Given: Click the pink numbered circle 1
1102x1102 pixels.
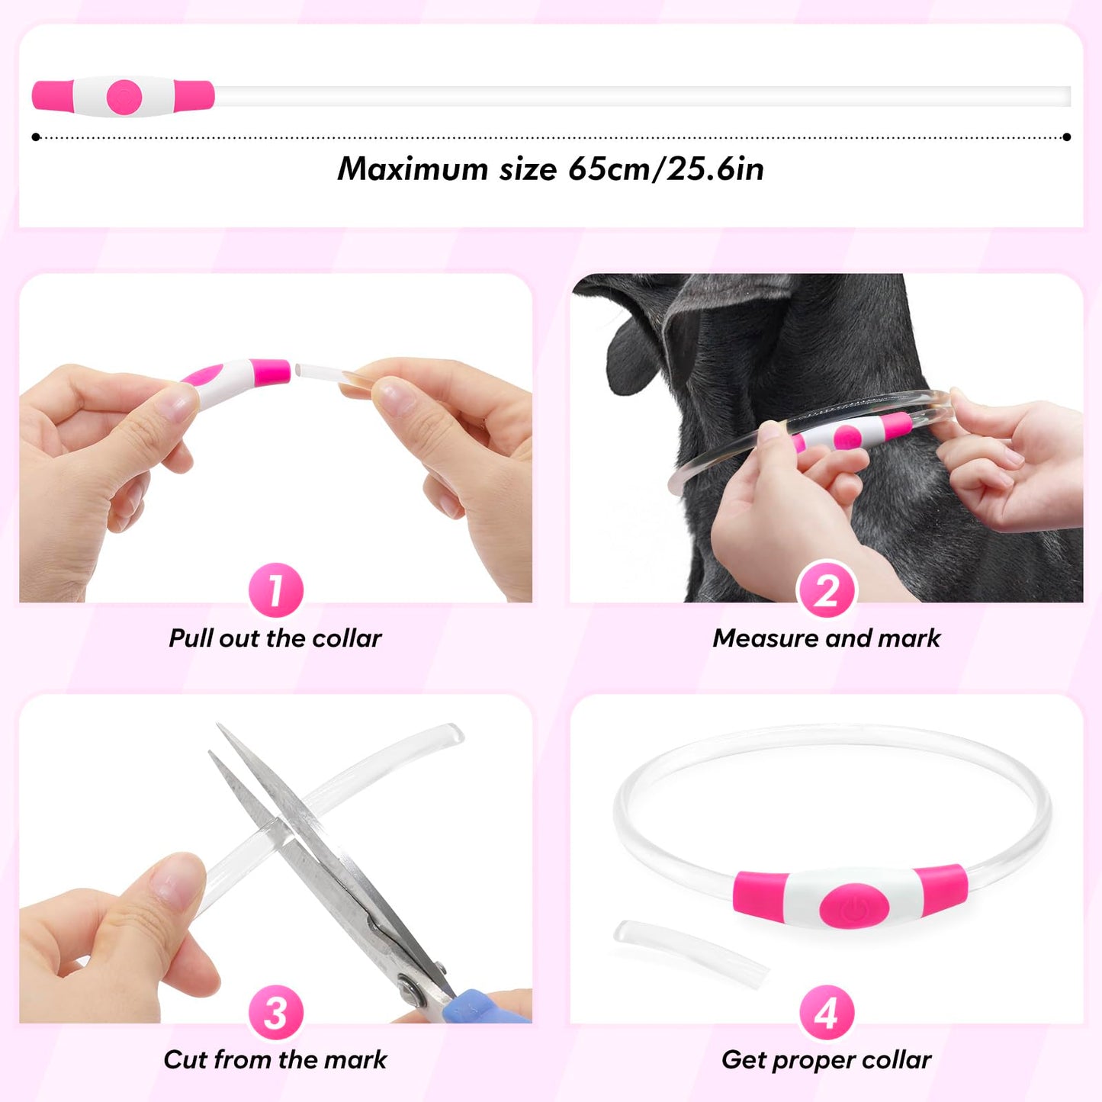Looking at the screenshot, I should pos(276,590).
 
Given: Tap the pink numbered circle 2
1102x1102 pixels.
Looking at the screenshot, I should pos(827,590).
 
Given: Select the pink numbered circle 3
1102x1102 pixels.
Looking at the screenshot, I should pos(276,1012).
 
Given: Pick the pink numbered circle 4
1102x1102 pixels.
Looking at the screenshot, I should pos(827,1012).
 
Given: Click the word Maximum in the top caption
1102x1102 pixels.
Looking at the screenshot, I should pos(413,169).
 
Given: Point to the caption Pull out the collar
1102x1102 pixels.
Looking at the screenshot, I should pos(275,638).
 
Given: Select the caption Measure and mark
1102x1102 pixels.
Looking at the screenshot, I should pos(827,638).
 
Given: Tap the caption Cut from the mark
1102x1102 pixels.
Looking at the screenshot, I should pos(275,1059).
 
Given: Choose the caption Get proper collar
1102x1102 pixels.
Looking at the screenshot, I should pos(827,1059).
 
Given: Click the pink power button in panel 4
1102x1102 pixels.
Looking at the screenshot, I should pos(854,906).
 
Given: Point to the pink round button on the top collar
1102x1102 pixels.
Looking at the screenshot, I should pos(124,97).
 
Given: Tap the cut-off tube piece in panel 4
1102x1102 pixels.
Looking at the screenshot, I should pos(690,953).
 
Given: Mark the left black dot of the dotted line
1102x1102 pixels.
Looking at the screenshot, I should pos(36,137).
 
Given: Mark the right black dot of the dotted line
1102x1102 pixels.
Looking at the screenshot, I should pos(1066,137).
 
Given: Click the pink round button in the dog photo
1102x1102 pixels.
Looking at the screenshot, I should pos(847,437).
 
